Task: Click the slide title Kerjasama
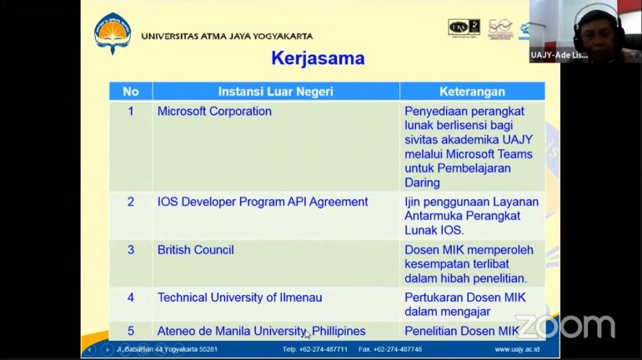[318, 58]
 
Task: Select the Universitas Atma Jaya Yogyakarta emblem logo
[113, 33]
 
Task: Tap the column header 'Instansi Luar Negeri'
[275, 91]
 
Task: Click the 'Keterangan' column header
[472, 91]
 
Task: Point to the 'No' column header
[130, 91]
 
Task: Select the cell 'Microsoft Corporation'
[214, 111]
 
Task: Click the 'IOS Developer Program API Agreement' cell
[263, 202]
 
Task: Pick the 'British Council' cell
[195, 249]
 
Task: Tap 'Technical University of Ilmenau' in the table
[239, 297]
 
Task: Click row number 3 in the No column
[130, 249]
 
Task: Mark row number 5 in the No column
[130, 331]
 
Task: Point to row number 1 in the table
[130, 111]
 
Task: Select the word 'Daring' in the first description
[422, 182]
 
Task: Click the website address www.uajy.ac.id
[517, 349]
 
